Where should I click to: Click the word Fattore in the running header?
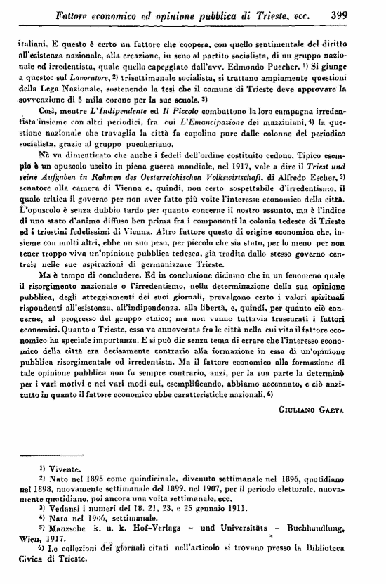click(x=58, y=13)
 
